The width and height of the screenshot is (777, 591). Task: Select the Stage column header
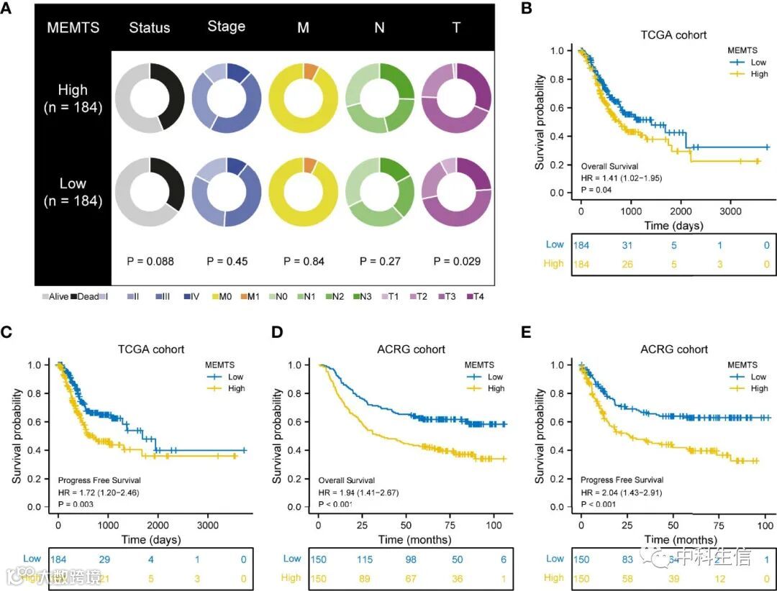tap(226, 27)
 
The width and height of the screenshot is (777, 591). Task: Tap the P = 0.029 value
tap(457, 262)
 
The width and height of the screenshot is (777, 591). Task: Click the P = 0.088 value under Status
tap(150, 262)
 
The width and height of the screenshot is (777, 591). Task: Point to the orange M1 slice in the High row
tap(311, 70)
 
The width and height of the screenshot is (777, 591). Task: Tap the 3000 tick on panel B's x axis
tap(730, 214)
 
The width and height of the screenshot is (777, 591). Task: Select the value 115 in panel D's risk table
tap(368, 559)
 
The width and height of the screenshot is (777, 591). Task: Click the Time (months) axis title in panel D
tap(416, 539)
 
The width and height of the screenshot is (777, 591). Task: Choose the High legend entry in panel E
tap(758, 388)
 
